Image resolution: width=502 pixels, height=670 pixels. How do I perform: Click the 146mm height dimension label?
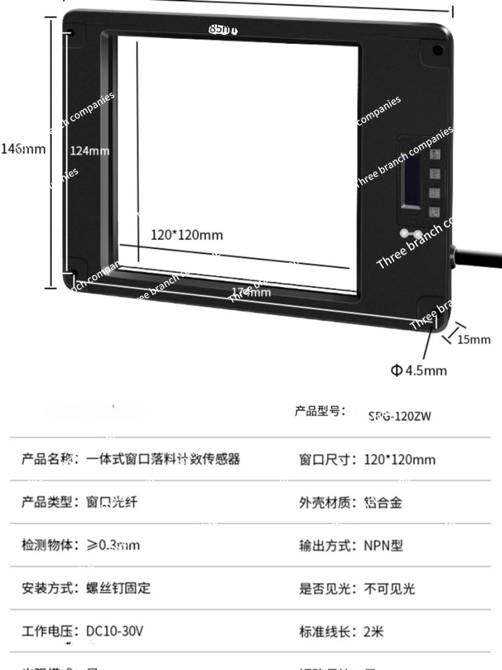23,149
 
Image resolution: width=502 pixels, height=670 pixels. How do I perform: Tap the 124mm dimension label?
90,150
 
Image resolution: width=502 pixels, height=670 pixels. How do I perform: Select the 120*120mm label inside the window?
187,235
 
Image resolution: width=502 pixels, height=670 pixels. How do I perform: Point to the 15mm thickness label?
474,339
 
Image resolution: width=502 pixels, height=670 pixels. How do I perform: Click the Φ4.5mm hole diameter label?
419,370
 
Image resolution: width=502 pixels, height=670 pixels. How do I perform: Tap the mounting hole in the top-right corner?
437,51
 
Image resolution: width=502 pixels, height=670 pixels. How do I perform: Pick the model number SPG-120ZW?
399,417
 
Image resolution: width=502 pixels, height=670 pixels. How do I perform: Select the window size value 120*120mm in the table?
399,460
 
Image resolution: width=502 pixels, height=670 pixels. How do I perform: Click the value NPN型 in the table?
383,546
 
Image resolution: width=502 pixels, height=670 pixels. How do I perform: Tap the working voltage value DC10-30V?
114,631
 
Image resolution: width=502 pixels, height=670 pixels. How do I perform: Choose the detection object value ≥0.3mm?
113,546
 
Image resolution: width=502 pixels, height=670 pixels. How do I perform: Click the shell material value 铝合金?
383,502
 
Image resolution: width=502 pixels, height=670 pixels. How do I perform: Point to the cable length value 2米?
373,631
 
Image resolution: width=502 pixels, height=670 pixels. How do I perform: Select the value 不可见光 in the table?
389,589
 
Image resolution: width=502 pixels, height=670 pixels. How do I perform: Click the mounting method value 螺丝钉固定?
118,588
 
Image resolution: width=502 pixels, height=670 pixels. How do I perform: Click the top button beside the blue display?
435,154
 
